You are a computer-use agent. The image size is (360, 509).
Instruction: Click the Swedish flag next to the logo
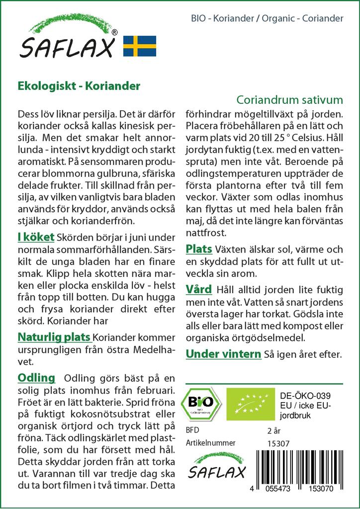[139, 46]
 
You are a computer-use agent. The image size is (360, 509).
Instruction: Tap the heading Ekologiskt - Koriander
[79, 85]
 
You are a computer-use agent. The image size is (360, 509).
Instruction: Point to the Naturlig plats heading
[54, 338]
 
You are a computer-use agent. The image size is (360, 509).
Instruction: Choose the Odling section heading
[36, 377]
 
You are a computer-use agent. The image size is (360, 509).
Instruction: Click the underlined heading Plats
[199, 249]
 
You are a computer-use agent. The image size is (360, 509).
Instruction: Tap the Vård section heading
[198, 289]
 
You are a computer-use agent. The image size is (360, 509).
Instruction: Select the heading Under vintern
[223, 354]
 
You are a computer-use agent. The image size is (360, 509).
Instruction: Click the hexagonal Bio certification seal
[202, 402]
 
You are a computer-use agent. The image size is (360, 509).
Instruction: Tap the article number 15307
[278, 443]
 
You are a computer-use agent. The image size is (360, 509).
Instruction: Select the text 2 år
[274, 430]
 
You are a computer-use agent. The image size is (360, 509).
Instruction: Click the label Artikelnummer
[210, 443]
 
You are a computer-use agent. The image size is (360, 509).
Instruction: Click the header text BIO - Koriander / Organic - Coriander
[267, 18]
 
